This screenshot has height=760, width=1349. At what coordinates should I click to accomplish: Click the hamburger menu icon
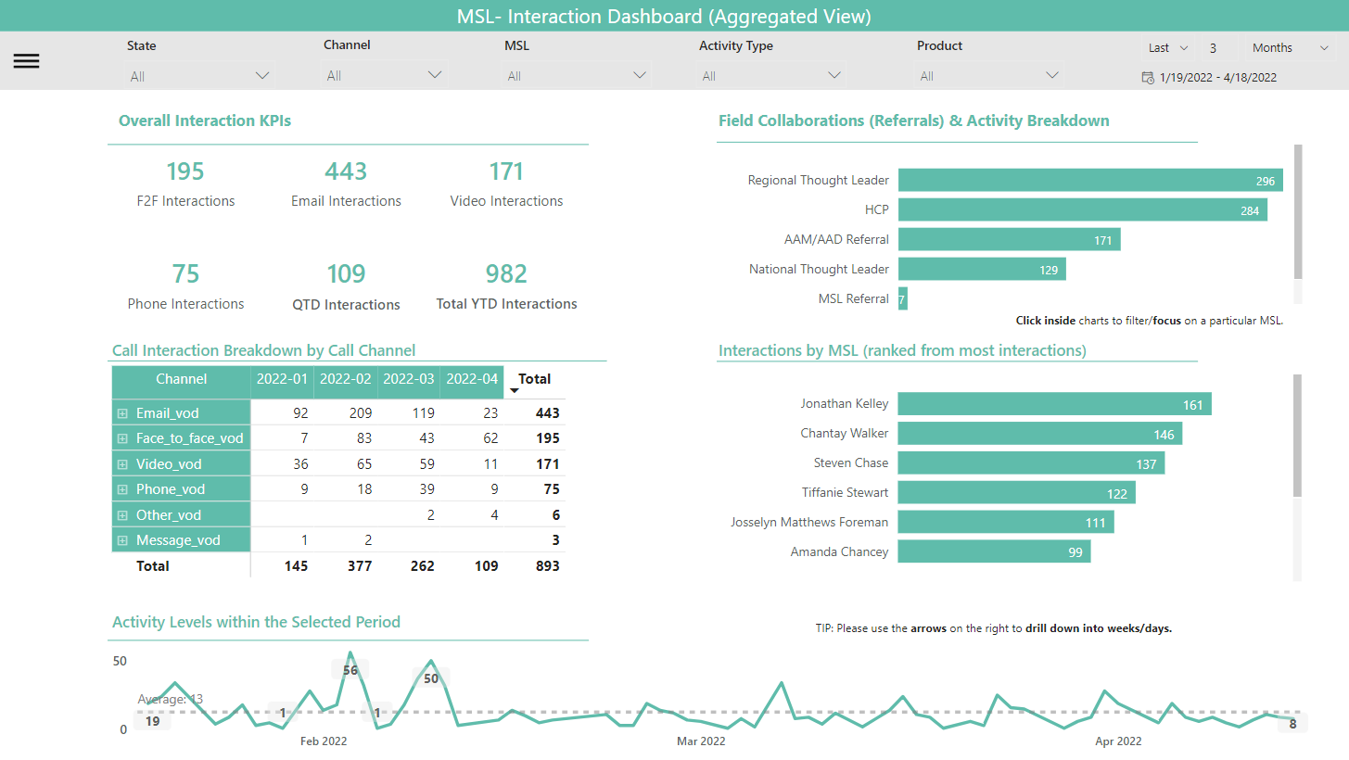pyautogui.click(x=26, y=61)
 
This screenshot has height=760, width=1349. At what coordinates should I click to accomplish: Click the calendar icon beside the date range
pyautogui.click(x=1148, y=78)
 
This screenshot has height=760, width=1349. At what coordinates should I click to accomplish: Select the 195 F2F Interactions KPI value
pyautogui.click(x=185, y=171)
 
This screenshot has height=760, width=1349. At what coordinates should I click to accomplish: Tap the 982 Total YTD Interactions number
pyautogui.click(x=506, y=274)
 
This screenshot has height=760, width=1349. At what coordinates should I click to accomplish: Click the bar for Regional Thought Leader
pyautogui.click(x=1089, y=181)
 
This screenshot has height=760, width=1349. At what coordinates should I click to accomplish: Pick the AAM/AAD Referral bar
pyautogui.click(x=1009, y=240)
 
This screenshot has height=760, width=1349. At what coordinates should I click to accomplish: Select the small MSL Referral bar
pyautogui.click(x=902, y=299)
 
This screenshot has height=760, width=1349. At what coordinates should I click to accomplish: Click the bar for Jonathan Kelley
pyautogui.click(x=1054, y=404)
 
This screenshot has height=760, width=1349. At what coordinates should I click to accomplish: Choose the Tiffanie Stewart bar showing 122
pyautogui.click(x=1016, y=493)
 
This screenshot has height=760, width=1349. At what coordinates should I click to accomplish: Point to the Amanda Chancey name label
pyautogui.click(x=839, y=552)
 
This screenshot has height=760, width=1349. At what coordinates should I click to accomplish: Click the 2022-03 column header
pyautogui.click(x=408, y=379)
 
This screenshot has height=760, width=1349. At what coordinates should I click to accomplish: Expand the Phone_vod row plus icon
pyautogui.click(x=121, y=489)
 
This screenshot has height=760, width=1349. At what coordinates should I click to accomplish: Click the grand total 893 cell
pyautogui.click(x=547, y=565)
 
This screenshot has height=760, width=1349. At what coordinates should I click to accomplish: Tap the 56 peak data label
pyautogui.click(x=350, y=670)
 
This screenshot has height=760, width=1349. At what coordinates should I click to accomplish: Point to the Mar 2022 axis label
pyautogui.click(x=701, y=741)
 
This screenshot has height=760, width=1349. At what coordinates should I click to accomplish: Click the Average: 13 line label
pyautogui.click(x=171, y=700)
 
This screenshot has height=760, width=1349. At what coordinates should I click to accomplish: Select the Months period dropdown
pyautogui.click(x=1290, y=48)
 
